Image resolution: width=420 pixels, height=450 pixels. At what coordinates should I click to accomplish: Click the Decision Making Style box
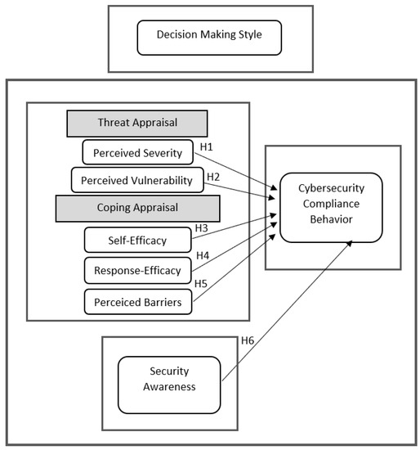pos(209,36)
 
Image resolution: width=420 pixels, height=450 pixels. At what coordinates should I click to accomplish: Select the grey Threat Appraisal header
pos(136,124)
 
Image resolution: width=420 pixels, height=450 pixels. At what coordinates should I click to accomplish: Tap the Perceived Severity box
pos(138,151)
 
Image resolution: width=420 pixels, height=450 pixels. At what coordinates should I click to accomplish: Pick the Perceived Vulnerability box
pos(137,179)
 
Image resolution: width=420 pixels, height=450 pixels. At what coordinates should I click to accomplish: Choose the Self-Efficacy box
pos(137,240)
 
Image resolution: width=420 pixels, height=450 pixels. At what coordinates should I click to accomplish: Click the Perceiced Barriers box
pos(137,301)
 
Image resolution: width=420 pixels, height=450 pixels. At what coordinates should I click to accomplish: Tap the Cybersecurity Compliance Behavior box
pos(331,207)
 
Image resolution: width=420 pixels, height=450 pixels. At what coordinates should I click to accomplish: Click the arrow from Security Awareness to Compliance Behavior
pos(286,312)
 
